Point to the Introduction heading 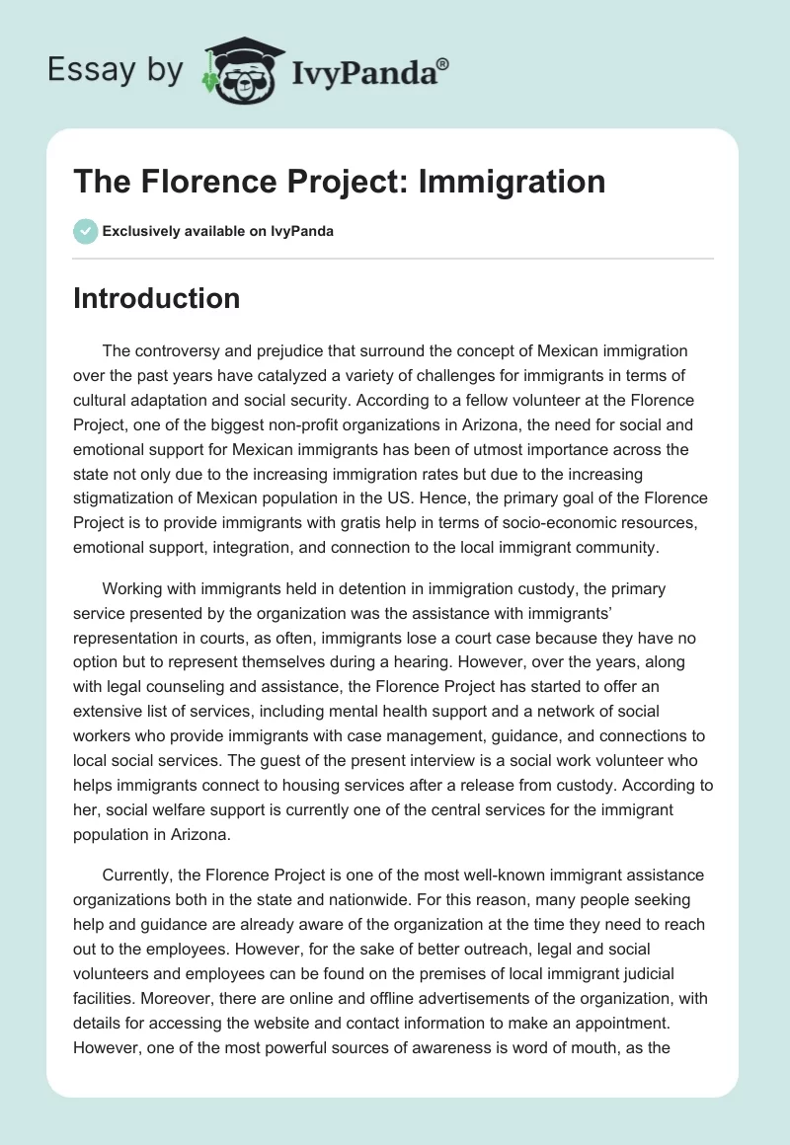pyautogui.click(x=156, y=298)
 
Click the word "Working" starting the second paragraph pyautogui.click(x=134, y=588)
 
